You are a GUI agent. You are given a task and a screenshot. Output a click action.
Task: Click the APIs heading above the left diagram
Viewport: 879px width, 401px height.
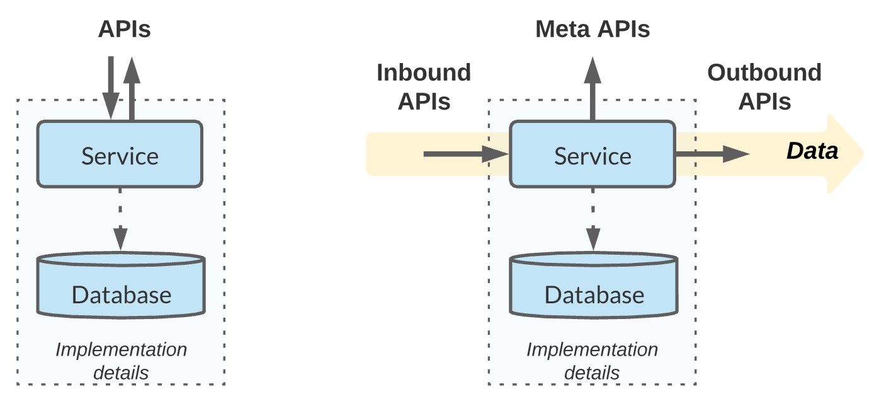coord(125,29)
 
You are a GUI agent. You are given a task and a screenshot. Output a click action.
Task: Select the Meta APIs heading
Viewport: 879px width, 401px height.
coord(593,29)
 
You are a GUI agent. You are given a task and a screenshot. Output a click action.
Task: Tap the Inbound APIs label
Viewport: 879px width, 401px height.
coord(424,87)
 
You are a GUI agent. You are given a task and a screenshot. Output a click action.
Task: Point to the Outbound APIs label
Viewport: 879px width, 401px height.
coord(764,87)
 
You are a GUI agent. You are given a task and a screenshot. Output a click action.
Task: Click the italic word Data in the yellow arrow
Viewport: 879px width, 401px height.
coord(812,151)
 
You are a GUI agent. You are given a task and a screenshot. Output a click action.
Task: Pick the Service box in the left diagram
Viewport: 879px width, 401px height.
coord(120,154)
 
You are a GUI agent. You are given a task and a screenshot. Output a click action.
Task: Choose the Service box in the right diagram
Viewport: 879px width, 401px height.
coord(593,154)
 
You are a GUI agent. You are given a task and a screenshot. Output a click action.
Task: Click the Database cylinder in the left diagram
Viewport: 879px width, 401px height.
coord(121,285)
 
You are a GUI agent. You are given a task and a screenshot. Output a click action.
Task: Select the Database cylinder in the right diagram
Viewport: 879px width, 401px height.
coord(594,285)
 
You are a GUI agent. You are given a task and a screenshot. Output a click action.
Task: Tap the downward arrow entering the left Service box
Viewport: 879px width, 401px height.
coord(111,88)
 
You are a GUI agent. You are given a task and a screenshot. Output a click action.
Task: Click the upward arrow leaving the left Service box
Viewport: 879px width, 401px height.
coord(132,88)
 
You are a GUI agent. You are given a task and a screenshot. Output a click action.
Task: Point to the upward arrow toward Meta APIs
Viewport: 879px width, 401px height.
coord(593,88)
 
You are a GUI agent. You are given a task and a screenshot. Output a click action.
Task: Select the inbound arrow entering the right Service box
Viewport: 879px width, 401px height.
coord(466,154)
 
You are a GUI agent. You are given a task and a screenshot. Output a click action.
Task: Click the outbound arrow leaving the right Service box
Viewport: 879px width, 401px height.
coord(713,154)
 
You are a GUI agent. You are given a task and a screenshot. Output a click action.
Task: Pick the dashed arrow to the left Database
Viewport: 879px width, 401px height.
coord(120,219)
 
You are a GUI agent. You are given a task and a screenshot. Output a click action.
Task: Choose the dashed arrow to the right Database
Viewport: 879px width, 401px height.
coord(593,219)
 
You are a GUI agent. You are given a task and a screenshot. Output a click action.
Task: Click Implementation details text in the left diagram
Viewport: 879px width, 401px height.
coord(122,361)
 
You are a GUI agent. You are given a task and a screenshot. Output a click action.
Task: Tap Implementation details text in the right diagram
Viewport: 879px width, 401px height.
coord(592,361)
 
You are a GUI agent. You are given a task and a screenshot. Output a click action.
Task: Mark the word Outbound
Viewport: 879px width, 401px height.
coord(764,73)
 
